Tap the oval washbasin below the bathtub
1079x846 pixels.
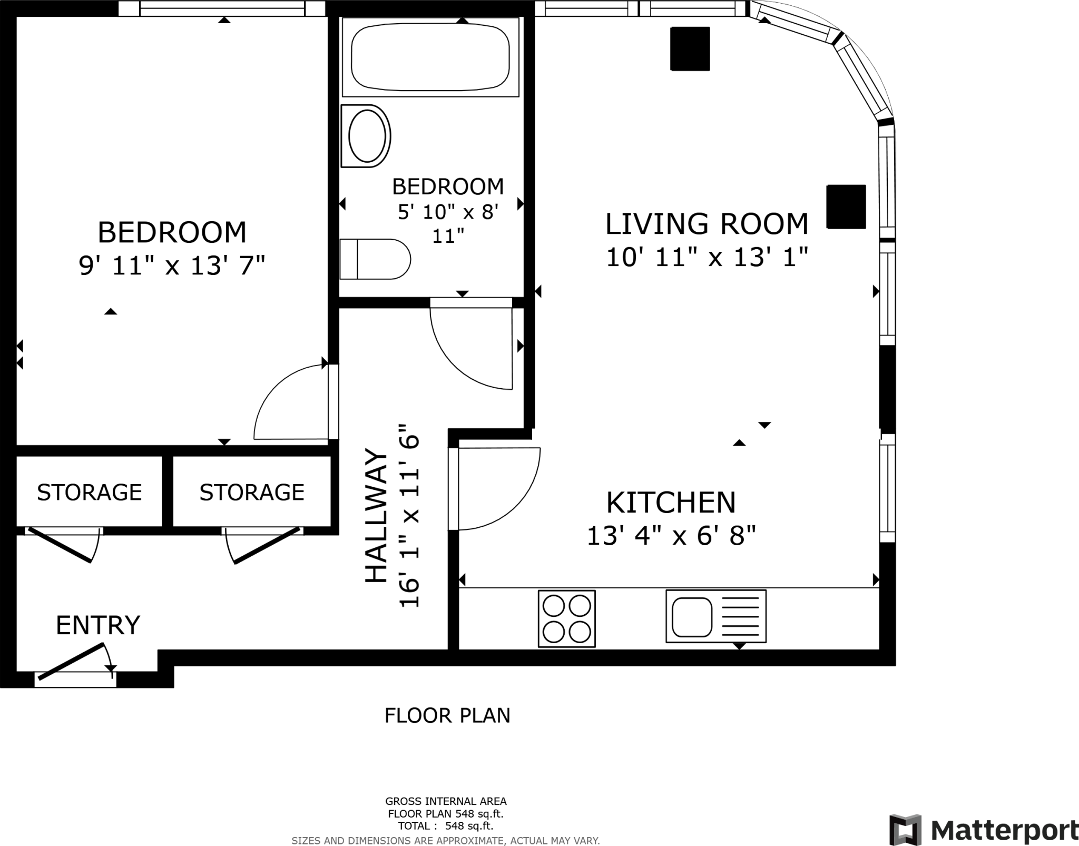coord(367,136)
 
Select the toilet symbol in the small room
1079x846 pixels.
coord(375,259)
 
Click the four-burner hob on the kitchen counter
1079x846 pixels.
coord(566,618)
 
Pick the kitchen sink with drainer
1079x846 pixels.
coord(715,616)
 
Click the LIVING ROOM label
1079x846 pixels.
coord(706,224)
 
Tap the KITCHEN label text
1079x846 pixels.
coord(671,503)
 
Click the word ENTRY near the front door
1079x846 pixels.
coord(98,625)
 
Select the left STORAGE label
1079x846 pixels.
coord(89,493)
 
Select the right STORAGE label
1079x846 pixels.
coord(252,493)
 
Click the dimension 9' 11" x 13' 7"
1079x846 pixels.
coord(172,265)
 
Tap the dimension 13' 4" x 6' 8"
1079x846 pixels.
coord(671,536)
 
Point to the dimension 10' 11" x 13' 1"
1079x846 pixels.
coord(707,258)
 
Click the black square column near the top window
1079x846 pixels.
coord(690,48)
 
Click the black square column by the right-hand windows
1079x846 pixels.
coord(846,206)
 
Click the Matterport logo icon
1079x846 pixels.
coord(906,829)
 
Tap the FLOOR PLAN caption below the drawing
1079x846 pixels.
coord(447,715)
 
